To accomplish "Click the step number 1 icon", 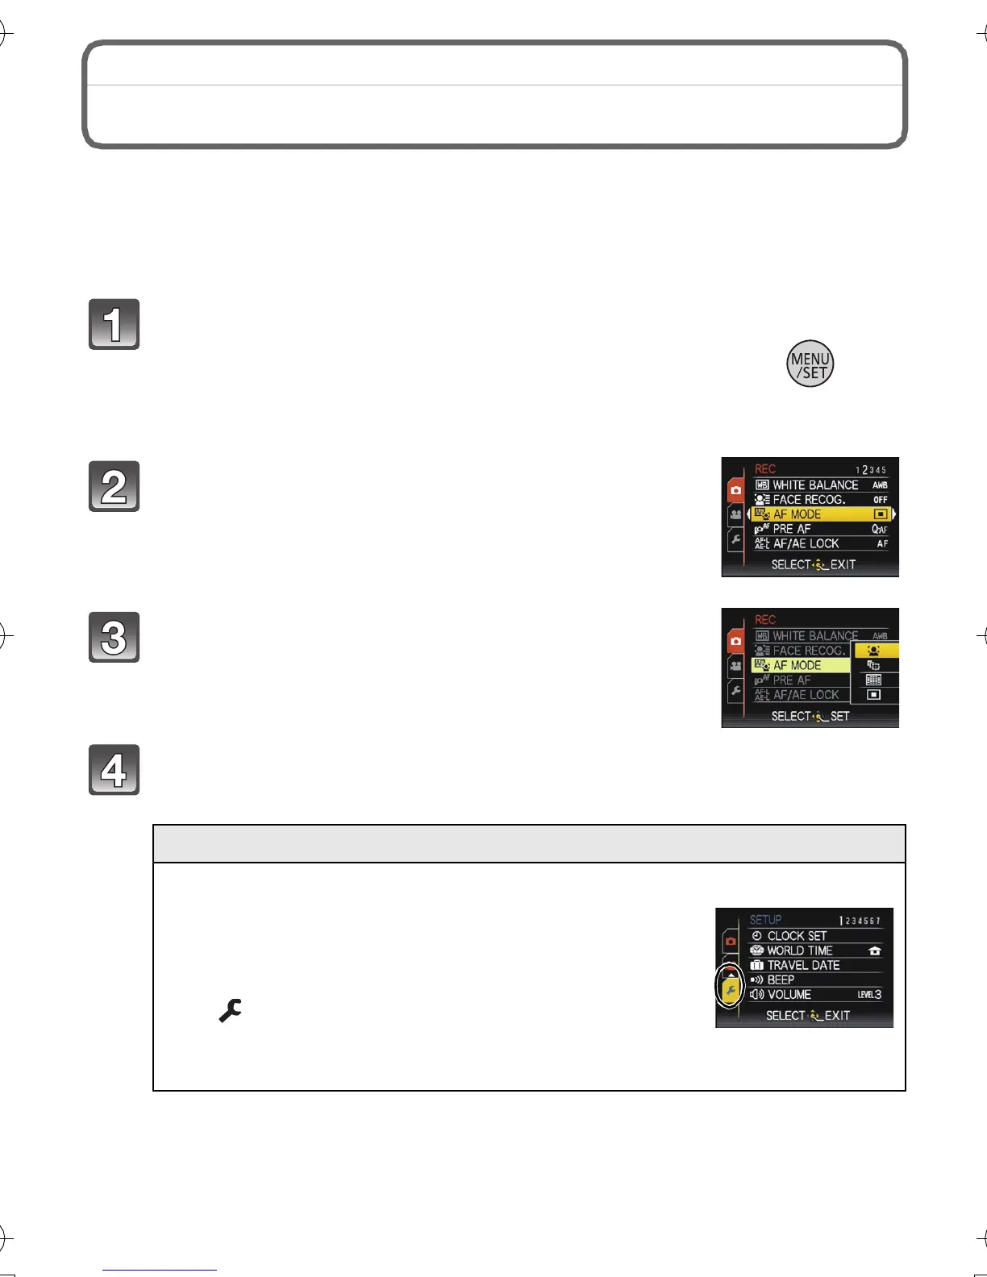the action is tap(114, 324).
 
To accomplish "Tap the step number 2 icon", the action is tap(114, 486).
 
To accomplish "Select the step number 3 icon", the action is tap(114, 637).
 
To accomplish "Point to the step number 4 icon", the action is tap(114, 770).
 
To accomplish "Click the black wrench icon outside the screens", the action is tap(230, 1010).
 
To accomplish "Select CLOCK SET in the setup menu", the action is tap(797, 936).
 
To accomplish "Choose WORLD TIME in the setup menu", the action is tap(799, 950).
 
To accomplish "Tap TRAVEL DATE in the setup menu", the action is tap(803, 965).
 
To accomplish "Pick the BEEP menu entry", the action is tap(781, 980).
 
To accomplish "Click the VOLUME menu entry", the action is tap(789, 995).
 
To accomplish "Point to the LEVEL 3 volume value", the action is tap(869, 995).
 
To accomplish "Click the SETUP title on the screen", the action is tap(765, 920).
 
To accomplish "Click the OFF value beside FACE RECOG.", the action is tap(881, 500).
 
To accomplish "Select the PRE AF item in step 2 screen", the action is tap(791, 529).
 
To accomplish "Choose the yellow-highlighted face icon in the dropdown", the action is tap(874, 651).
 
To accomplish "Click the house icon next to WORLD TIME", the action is tap(875, 951).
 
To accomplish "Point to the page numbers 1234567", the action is tap(860, 921).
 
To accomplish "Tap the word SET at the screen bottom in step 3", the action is tap(839, 716).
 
